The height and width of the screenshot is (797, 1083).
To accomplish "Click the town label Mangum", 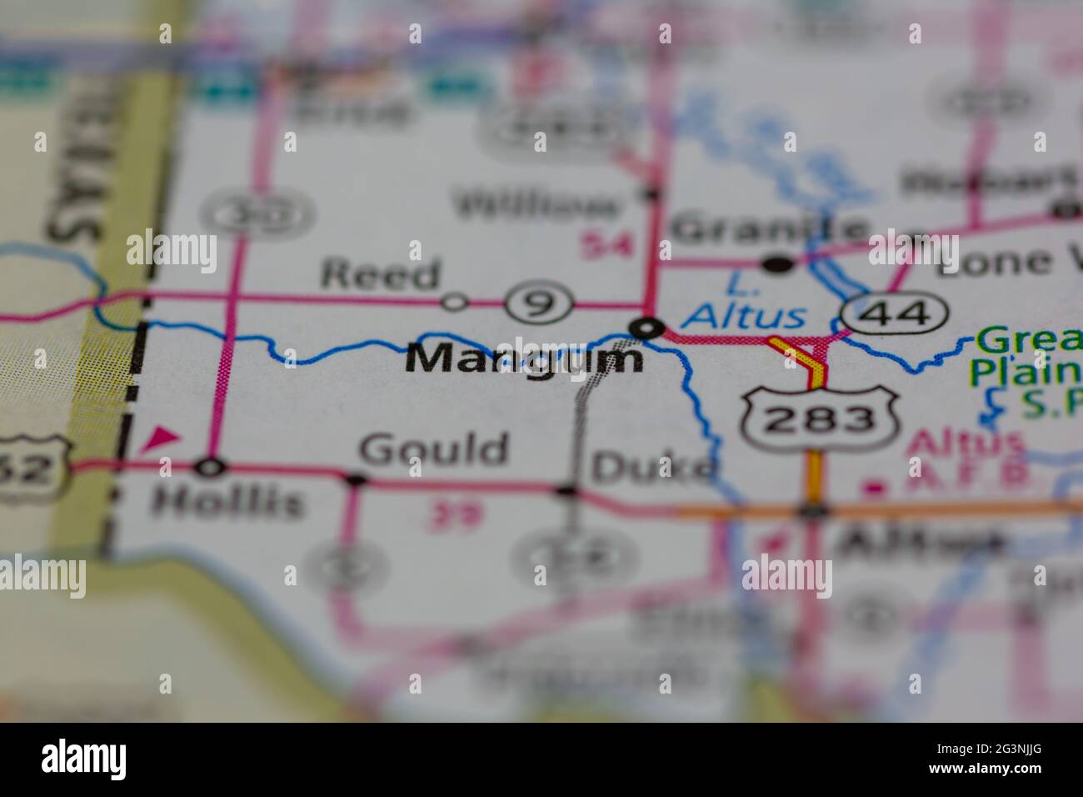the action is [525, 359].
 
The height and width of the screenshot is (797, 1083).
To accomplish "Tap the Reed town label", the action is [380, 274].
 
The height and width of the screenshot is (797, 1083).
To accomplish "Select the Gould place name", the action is [433, 450].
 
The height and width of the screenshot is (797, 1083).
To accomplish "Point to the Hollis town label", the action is [227, 502].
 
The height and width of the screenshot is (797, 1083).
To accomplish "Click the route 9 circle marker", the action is [541, 303].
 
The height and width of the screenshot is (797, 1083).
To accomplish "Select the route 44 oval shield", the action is [895, 313].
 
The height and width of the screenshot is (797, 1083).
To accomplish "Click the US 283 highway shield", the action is [821, 419].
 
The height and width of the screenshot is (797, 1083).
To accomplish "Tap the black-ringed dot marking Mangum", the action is [646, 328].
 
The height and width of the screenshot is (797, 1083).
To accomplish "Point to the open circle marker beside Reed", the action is [454, 302].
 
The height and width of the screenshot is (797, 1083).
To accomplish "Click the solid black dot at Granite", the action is [779, 264].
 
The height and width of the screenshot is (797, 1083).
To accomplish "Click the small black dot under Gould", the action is [356, 479].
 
